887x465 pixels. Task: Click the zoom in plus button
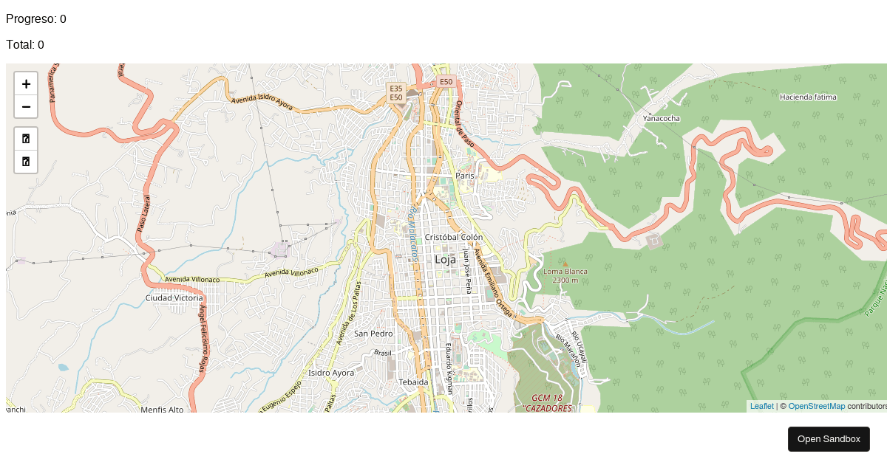[26, 84]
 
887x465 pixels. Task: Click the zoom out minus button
[26, 107]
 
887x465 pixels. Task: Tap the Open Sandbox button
[829, 439]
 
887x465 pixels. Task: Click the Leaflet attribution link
[761, 406]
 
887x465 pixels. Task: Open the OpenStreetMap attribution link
[816, 406]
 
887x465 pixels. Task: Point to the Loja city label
[445, 260]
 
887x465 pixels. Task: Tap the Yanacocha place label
[661, 118]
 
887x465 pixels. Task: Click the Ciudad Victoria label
[174, 298]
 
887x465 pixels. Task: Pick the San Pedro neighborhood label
[373, 334]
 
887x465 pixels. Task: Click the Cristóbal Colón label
[454, 237]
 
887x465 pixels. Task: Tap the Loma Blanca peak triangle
[565, 263]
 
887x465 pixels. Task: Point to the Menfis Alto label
[162, 410]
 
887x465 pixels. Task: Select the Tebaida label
[413, 382]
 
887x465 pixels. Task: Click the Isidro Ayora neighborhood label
[331, 373]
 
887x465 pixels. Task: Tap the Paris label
[465, 176]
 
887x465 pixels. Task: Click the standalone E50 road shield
[445, 82]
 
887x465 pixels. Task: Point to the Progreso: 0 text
[36, 19]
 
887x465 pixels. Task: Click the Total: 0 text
[25, 45]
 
